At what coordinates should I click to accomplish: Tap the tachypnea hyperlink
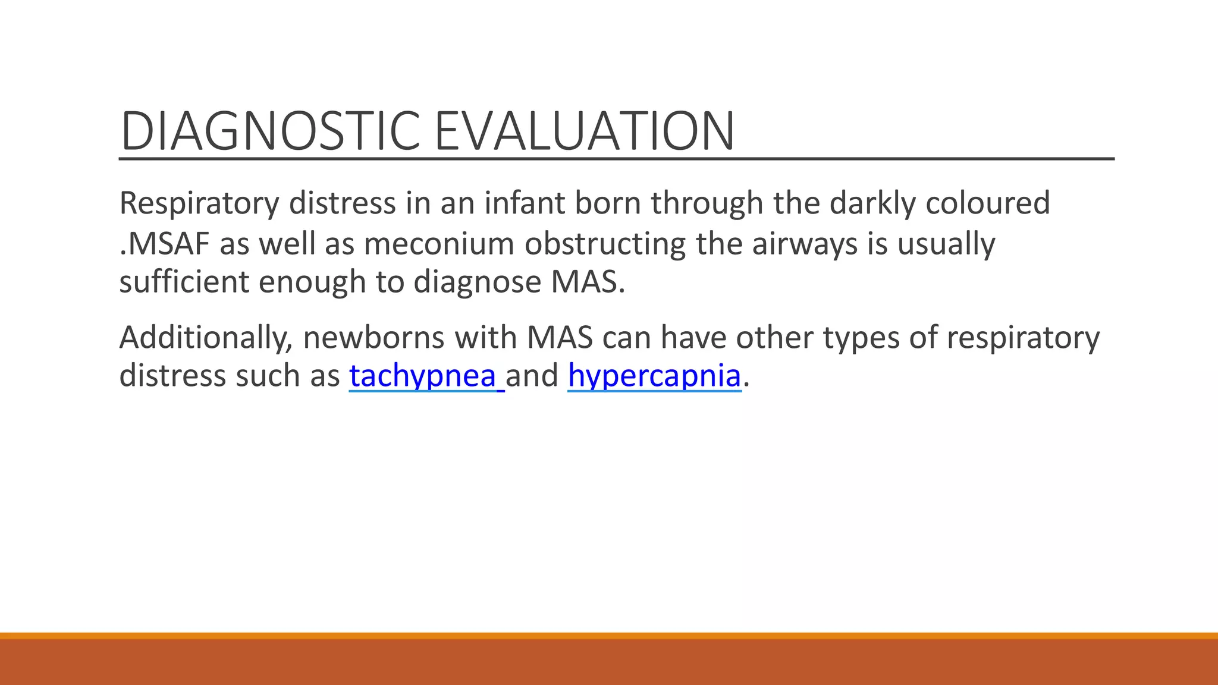(423, 376)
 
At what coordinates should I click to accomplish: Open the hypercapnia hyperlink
(654, 376)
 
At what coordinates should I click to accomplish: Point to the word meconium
(438, 244)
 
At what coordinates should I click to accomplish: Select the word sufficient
(184, 282)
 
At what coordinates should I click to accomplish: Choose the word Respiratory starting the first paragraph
(199, 203)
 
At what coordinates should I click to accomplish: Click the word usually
(946, 244)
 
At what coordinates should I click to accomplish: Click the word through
(707, 203)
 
